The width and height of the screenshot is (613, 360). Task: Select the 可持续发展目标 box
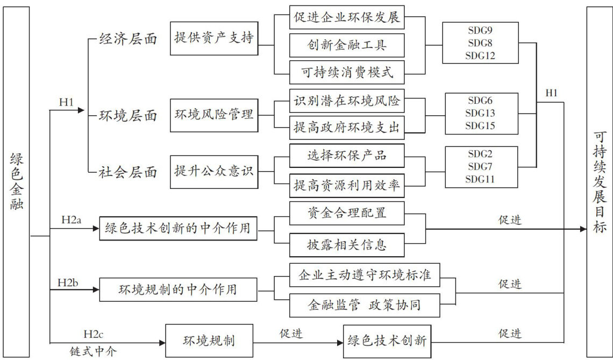599,181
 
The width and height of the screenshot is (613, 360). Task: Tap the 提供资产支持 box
213,38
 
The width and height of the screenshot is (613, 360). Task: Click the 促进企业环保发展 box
347,17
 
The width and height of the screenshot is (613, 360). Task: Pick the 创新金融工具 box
347,45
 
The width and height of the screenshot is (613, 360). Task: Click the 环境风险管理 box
213,114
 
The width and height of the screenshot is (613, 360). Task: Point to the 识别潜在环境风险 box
347,101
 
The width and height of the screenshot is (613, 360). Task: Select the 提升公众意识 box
213,172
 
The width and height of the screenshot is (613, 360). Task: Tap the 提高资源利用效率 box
347,186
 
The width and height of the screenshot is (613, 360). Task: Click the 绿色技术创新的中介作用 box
177,228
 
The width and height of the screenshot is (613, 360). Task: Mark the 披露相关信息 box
347,245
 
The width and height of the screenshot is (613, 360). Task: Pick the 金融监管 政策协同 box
364,305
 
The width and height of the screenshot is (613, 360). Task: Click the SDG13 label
480,113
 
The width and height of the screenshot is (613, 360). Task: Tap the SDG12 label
480,55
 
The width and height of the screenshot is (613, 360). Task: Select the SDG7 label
480,166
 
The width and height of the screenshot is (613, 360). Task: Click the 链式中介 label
93,351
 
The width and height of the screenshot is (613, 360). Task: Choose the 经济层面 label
128,39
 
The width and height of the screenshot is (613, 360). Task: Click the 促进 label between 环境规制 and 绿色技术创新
291,334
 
